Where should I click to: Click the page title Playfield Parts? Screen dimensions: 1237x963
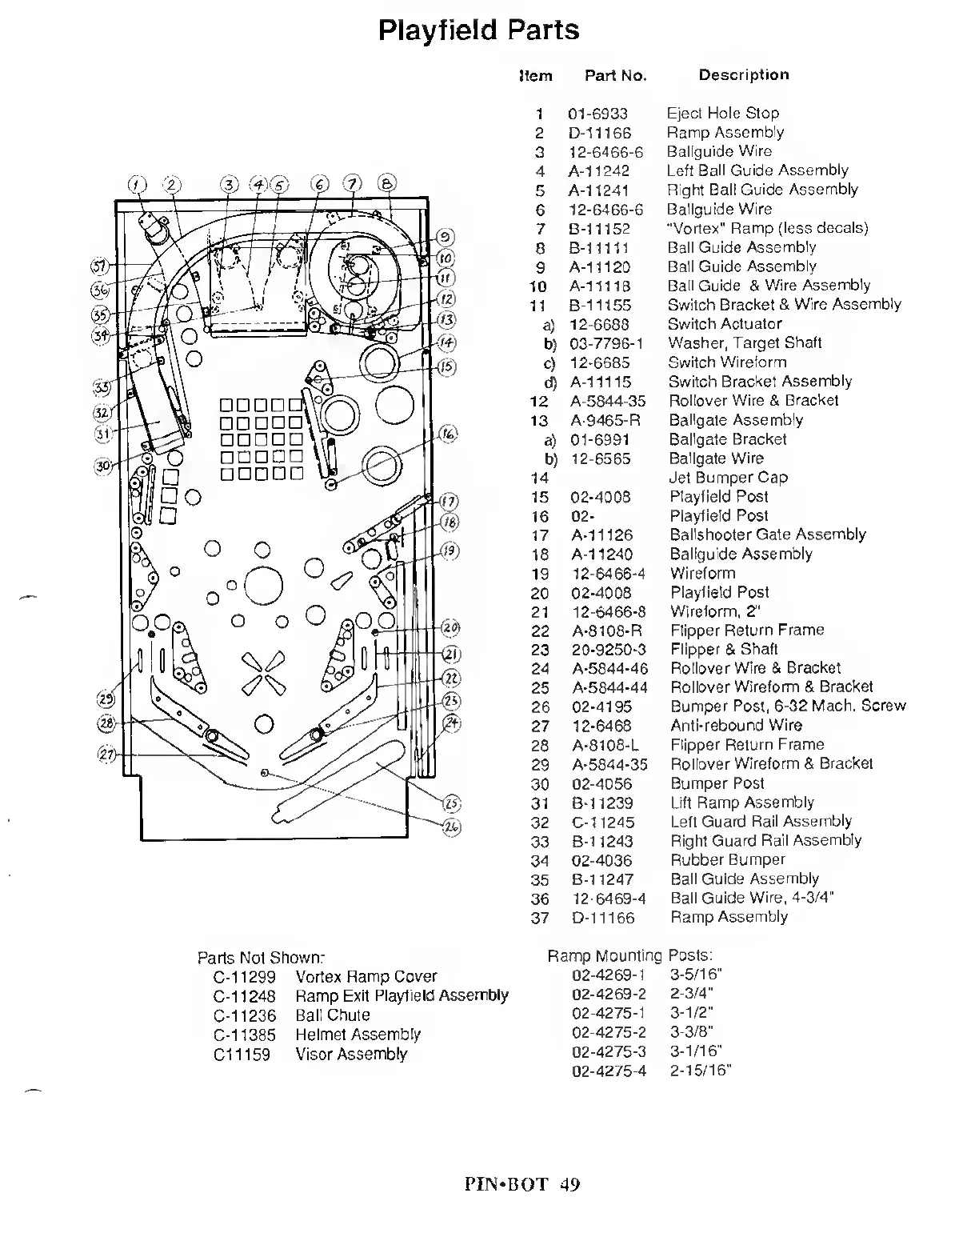tap(478, 30)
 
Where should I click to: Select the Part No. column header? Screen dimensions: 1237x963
tap(615, 76)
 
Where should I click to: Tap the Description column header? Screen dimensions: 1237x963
tap(743, 75)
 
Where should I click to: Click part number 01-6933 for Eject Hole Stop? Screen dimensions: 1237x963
tap(597, 114)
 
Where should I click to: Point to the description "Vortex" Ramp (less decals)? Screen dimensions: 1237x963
tap(767, 228)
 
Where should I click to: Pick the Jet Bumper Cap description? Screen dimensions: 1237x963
tap(728, 478)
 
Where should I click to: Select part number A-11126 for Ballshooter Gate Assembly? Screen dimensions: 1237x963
tap(601, 535)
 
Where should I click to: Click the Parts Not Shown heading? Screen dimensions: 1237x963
tap(261, 958)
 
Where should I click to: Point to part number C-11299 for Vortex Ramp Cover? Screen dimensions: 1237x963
tap(244, 977)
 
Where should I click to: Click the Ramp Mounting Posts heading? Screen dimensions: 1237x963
tap(629, 955)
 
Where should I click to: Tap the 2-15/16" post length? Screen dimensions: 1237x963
tap(701, 1071)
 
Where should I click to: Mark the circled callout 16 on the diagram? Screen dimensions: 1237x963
tap(448, 434)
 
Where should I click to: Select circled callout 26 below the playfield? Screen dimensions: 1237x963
tap(450, 827)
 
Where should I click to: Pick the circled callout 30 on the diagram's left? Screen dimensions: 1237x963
tap(102, 466)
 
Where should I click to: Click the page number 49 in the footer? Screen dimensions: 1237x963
tap(569, 1184)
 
